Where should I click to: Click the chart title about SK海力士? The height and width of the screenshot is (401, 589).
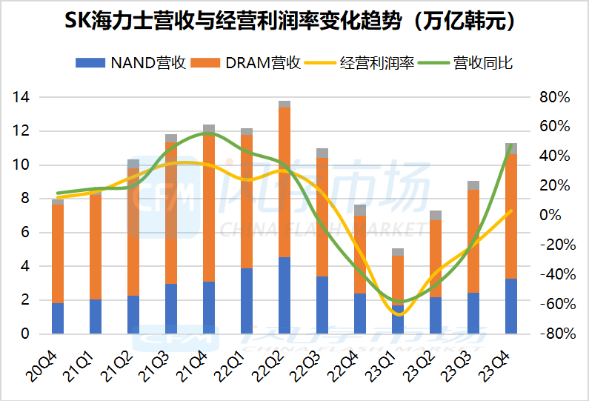pos(290,21)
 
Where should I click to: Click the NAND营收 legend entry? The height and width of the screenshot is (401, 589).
pos(130,63)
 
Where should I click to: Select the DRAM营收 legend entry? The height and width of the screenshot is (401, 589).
pos(246,63)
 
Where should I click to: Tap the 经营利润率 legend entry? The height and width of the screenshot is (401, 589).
pos(359,63)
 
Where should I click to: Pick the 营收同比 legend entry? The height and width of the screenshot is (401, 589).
pos(466,63)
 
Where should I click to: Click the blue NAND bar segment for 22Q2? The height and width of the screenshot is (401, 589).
pos(284,296)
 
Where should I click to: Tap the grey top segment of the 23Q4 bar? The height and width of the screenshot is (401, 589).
pos(511,148)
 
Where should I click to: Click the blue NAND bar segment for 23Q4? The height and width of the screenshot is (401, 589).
pos(511,306)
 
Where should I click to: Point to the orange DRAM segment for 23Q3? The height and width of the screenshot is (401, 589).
pos(473,242)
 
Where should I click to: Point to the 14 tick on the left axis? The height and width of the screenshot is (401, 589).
pos(21,97)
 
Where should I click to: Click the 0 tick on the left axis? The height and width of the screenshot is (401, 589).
pos(24,334)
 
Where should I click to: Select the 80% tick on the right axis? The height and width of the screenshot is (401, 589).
pos(555,97)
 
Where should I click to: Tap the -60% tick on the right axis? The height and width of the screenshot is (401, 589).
pos(558,304)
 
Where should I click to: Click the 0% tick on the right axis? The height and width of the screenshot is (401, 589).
pos(550,216)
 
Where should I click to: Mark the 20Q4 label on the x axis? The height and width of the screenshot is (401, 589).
pos(42,366)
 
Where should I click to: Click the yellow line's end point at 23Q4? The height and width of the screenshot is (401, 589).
pos(510,211)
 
